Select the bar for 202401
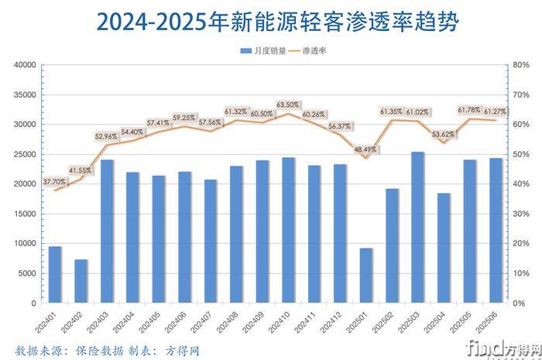pyautogui.click(x=55, y=275)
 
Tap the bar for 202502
pyautogui.click(x=393, y=245)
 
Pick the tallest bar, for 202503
pyautogui.click(x=418, y=228)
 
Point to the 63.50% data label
pyautogui.click(x=288, y=104)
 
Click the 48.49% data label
pyautogui.click(x=366, y=149)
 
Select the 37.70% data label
pyautogui.click(x=55, y=180)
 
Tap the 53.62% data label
pyautogui.click(x=444, y=133)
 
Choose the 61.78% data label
pyautogui.click(x=470, y=109)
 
